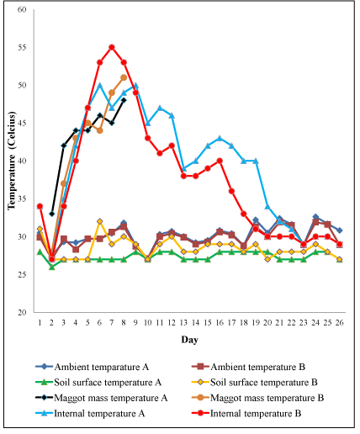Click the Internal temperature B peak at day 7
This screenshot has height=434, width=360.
click(x=112, y=47)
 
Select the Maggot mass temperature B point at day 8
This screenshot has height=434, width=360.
click(x=124, y=77)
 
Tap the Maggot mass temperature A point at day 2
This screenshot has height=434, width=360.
click(x=51, y=214)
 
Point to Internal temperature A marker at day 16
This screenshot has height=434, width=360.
click(x=220, y=138)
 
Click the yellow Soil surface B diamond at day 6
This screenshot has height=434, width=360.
click(x=100, y=221)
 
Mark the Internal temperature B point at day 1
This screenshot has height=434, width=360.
click(x=40, y=206)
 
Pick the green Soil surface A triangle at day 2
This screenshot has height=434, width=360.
click(x=51, y=267)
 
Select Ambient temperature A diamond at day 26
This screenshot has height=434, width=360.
click(x=339, y=230)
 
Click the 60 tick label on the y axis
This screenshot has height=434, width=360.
click(x=22, y=9)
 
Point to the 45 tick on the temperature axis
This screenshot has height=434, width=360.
click(x=22, y=123)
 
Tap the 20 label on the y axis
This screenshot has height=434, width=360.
click(x=22, y=312)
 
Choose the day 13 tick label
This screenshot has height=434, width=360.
click(x=183, y=323)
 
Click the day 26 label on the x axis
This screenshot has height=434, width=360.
click(x=339, y=323)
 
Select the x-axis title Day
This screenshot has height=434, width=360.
click(x=190, y=340)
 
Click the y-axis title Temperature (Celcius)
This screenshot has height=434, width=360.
click(x=12, y=161)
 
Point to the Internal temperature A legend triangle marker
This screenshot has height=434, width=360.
click(x=44, y=413)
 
